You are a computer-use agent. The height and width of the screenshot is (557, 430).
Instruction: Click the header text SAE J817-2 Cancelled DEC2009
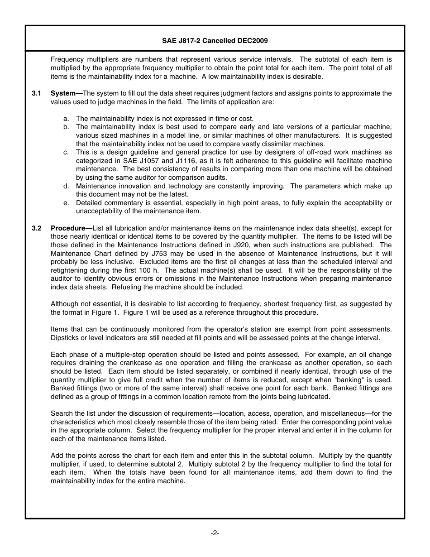pos(215,41)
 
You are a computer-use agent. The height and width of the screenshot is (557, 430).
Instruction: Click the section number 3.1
pos(36,93)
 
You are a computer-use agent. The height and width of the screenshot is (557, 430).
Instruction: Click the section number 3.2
pos(36,228)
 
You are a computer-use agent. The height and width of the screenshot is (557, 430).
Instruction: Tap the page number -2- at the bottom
pos(215,533)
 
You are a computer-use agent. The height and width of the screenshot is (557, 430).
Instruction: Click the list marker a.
pos(66,119)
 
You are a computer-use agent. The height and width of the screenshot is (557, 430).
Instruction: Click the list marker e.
pos(66,203)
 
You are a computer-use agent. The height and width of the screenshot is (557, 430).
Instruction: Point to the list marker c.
pos(66,152)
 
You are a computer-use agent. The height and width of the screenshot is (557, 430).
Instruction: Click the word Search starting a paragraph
pos(61,413)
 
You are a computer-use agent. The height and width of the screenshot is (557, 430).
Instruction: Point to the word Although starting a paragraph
pos(65,304)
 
